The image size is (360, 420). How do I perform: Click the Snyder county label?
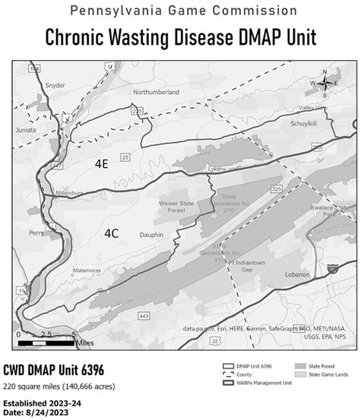pyautogui.click(x=55, y=86)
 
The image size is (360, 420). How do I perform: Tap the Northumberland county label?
pyautogui.click(x=156, y=92)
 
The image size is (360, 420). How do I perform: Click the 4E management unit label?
pyautogui.click(x=101, y=164)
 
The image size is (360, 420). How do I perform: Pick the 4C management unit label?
pyautogui.click(x=111, y=235)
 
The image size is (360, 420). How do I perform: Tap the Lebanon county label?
pyautogui.click(x=298, y=273)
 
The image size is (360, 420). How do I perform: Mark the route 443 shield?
pyautogui.click(x=144, y=314)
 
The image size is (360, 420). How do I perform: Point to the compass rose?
pyautogui.click(x=325, y=84)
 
